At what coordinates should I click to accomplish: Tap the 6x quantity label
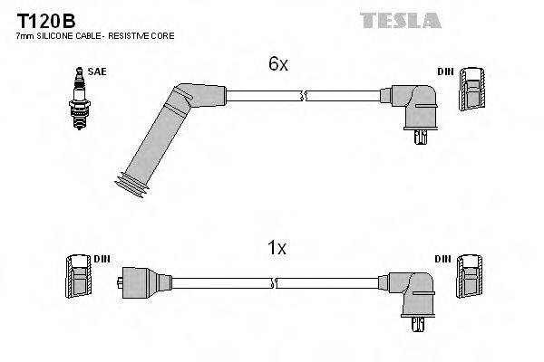pyautogui.click(x=277, y=64)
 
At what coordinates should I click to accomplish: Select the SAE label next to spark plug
pyautogui.click(x=95, y=71)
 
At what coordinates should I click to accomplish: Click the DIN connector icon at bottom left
pyautogui.click(x=76, y=276)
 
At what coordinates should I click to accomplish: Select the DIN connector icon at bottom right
pyautogui.click(x=470, y=277)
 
